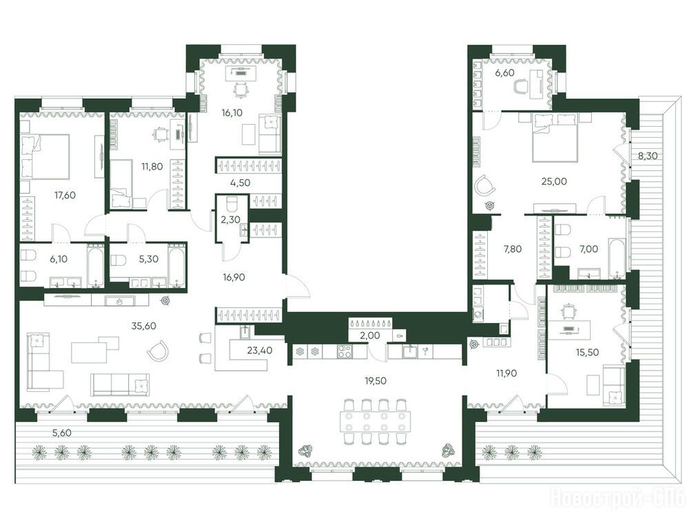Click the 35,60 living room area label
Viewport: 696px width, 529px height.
click(144, 326)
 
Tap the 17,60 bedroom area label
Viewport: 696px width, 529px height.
click(65, 195)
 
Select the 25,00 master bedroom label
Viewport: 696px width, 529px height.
click(554, 181)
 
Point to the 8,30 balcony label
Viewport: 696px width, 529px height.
click(648, 156)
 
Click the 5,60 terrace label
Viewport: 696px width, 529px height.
click(62, 433)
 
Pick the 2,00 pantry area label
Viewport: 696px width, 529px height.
click(370, 336)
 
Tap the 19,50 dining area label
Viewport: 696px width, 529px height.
click(375, 380)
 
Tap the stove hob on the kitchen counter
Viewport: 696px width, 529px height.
click(345, 351)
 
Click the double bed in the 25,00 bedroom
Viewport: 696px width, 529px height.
click(555, 136)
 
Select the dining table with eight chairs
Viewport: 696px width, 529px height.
click(375, 422)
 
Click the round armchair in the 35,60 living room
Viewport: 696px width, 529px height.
click(158, 350)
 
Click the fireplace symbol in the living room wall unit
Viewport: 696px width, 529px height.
click(119, 302)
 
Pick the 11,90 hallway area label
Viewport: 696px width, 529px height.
click(506, 373)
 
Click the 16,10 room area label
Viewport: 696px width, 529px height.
click(232, 113)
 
